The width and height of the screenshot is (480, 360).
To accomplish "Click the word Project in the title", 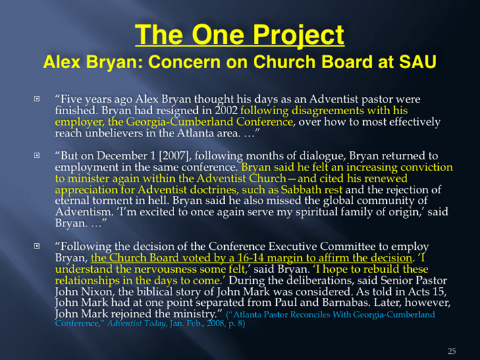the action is pyautogui.click(x=298, y=35).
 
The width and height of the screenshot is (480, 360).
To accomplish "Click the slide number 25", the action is pyautogui.click(x=452, y=351).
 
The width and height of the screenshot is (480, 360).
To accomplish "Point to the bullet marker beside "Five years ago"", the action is pyautogui.click(x=36, y=99).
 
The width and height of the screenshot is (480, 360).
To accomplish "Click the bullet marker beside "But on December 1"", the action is pyautogui.click(x=36, y=155).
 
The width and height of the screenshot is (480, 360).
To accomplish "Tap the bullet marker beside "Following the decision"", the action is pyautogui.click(x=36, y=246).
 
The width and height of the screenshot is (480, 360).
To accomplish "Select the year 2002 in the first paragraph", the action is pyautogui.click(x=226, y=110).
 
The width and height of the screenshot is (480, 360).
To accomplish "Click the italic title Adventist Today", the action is pyautogui.click(x=136, y=324).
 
